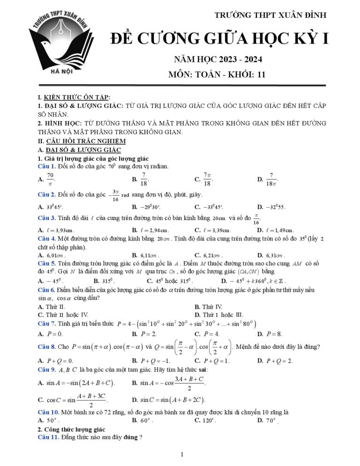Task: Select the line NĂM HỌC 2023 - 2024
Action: coord(217,60)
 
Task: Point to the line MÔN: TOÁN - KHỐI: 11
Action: coord(217,75)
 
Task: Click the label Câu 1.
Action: coord(47,166)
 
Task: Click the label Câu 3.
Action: coord(47,218)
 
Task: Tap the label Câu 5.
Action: coord(47,263)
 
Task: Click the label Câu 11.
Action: coord(48,437)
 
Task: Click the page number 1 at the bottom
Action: coord(182,454)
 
